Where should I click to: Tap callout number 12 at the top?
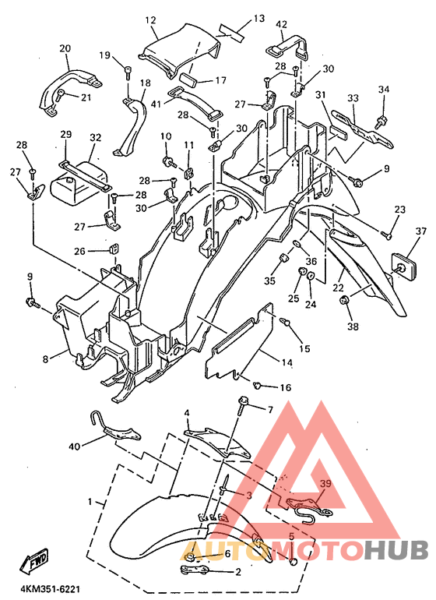click(151, 20)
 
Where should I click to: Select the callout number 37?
click(421, 231)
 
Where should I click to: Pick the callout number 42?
click(282, 24)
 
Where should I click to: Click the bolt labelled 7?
click(243, 407)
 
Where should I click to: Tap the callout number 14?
click(287, 362)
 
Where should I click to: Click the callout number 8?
click(46, 359)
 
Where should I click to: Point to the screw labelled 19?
click(128, 73)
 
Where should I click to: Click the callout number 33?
click(353, 98)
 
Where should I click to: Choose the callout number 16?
click(286, 387)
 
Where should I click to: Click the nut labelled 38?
click(344, 300)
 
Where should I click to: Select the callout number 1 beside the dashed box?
click(90, 501)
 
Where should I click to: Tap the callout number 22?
click(338, 287)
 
